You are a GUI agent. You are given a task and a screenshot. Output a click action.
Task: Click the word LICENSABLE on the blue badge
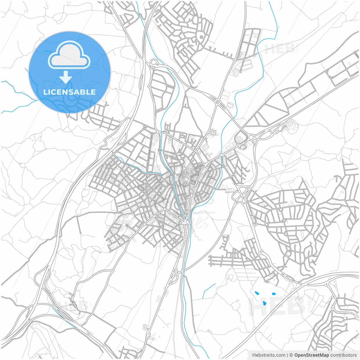(x=69, y=92)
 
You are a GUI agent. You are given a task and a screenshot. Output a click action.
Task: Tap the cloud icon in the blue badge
(x=69, y=56)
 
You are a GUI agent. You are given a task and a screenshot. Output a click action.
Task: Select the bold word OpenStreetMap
(x=311, y=355)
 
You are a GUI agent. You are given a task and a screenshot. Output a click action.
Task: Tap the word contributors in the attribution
(x=343, y=355)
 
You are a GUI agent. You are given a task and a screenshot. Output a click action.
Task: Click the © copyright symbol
(x=291, y=355)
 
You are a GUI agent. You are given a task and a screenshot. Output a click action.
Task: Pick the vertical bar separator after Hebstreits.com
(x=287, y=355)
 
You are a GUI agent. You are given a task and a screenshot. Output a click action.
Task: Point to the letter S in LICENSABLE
(x=68, y=92)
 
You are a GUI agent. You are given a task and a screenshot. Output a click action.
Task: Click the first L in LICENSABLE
(x=45, y=92)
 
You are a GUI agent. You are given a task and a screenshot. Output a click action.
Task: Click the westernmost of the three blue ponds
(x=256, y=293)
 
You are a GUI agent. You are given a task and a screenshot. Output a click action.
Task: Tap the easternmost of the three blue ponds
(x=273, y=294)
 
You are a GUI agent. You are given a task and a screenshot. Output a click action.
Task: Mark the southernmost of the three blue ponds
(x=264, y=303)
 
